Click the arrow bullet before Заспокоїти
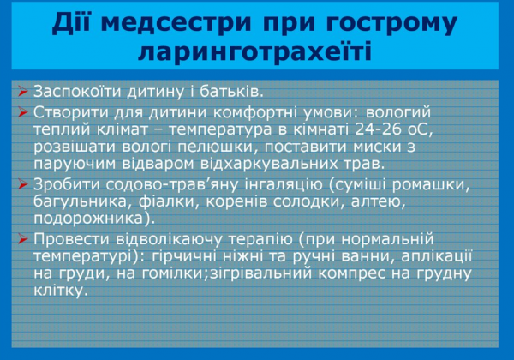click(22, 91)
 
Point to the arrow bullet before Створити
click(22, 112)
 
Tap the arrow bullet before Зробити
click(22, 183)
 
